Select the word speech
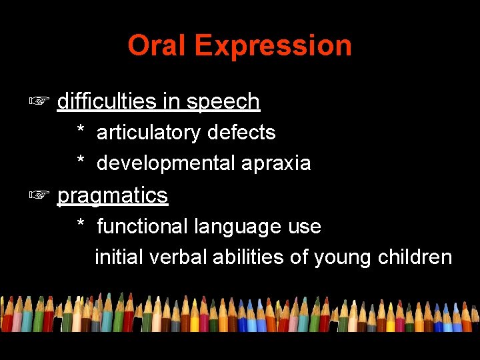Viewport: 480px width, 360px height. [x=223, y=102]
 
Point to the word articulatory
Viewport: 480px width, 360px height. [x=149, y=133]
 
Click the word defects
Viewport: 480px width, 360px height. [x=241, y=132]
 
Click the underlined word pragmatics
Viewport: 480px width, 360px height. [x=113, y=196]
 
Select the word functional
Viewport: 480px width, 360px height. [x=143, y=226]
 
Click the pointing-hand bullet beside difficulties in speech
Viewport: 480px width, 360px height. [x=39, y=101]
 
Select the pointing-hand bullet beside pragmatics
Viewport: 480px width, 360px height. [x=39, y=195]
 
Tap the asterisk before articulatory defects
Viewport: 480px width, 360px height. [x=81, y=130]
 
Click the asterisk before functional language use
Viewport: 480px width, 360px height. [x=81, y=224]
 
